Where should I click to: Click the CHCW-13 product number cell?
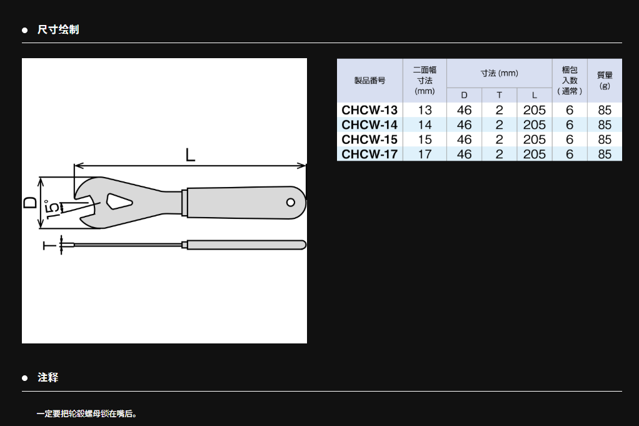(370, 110)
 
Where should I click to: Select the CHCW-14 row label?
(370, 124)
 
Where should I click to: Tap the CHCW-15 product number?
(370, 139)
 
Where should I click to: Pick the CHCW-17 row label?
(370, 154)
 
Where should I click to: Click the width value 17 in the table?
(425, 154)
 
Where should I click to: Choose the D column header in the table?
(464, 95)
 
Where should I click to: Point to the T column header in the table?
(499, 95)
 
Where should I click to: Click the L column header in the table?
(534, 95)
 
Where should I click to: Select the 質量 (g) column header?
(605, 80)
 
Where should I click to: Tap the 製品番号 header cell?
(370, 80)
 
